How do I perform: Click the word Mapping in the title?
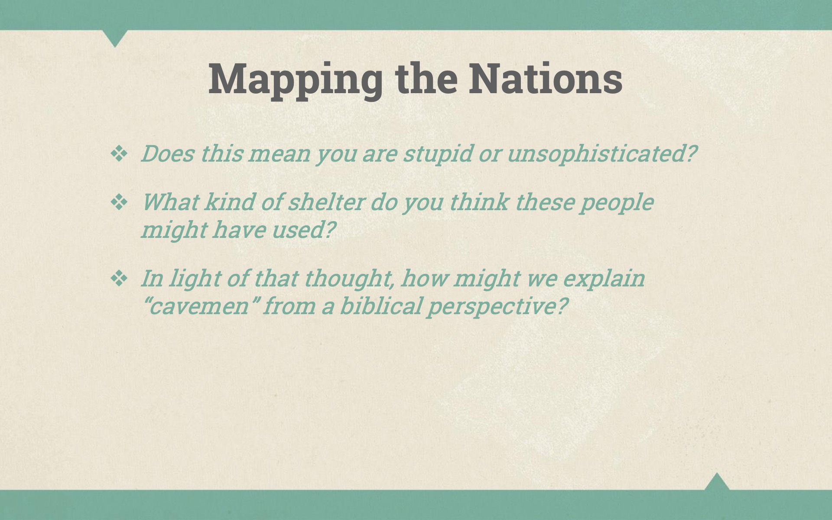[295, 80]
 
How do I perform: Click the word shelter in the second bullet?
[325, 202]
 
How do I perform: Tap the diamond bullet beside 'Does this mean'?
[119, 153]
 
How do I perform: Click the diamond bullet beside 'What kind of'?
[119, 202]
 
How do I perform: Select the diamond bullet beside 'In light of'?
[119, 278]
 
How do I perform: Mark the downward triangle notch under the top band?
[115, 37]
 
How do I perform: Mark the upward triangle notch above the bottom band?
[717, 482]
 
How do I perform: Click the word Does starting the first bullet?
[167, 154]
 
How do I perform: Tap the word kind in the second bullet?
[228, 202]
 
